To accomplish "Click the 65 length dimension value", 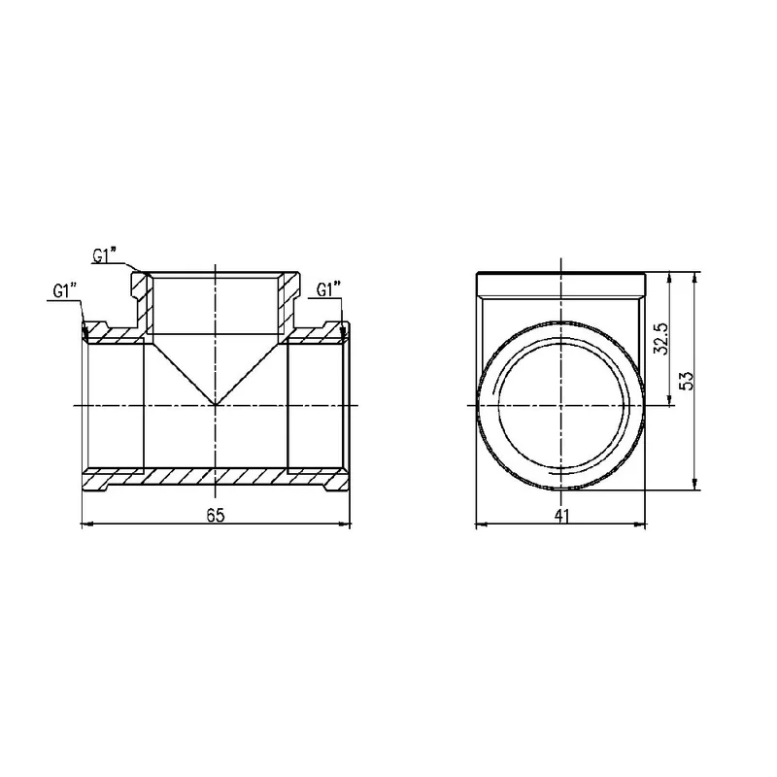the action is pyautogui.click(x=215, y=516).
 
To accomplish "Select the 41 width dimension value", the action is pyautogui.click(x=561, y=516).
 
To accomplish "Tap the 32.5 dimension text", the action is pyautogui.click(x=661, y=339).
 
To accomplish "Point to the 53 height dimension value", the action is pyautogui.click(x=686, y=381).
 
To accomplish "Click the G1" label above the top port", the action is pyautogui.click(x=105, y=255).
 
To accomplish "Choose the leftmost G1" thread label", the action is pyautogui.click(x=65, y=290).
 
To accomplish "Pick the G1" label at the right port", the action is pyautogui.click(x=329, y=289).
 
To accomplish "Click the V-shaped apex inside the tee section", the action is pyautogui.click(x=215, y=405).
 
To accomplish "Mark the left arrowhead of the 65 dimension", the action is pyautogui.click(x=86, y=524).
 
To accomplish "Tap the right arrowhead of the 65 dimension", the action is pyautogui.click(x=345, y=524).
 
